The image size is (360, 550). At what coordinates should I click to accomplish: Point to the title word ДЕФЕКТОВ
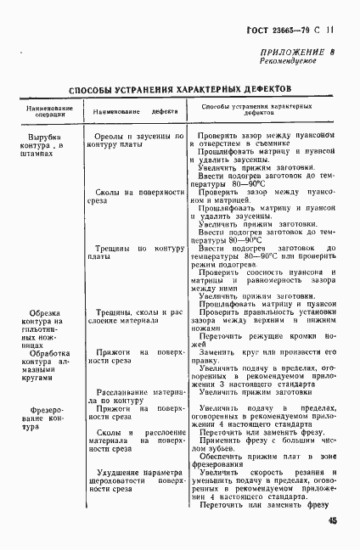coord(259,88)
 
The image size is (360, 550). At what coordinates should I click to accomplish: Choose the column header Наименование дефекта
coord(135,110)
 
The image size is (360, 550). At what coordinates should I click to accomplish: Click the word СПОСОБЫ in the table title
coord(98,88)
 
